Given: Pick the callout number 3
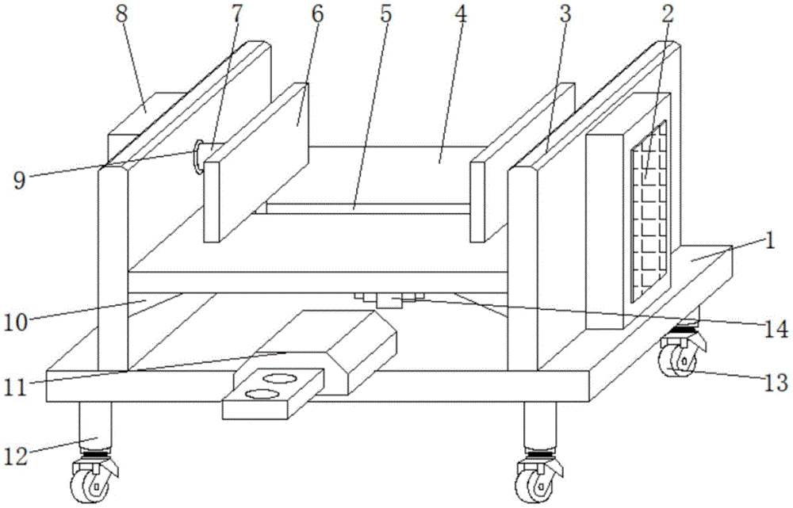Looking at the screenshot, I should click(x=564, y=16).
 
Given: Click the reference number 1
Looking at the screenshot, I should click(x=768, y=241).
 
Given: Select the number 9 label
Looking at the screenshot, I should click(x=19, y=180).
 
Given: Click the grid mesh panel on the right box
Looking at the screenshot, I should click(x=649, y=214).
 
